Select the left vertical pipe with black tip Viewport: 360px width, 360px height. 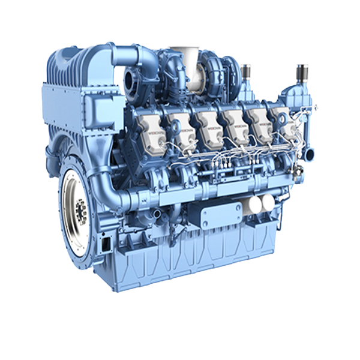pyautogui.click(x=245, y=74)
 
